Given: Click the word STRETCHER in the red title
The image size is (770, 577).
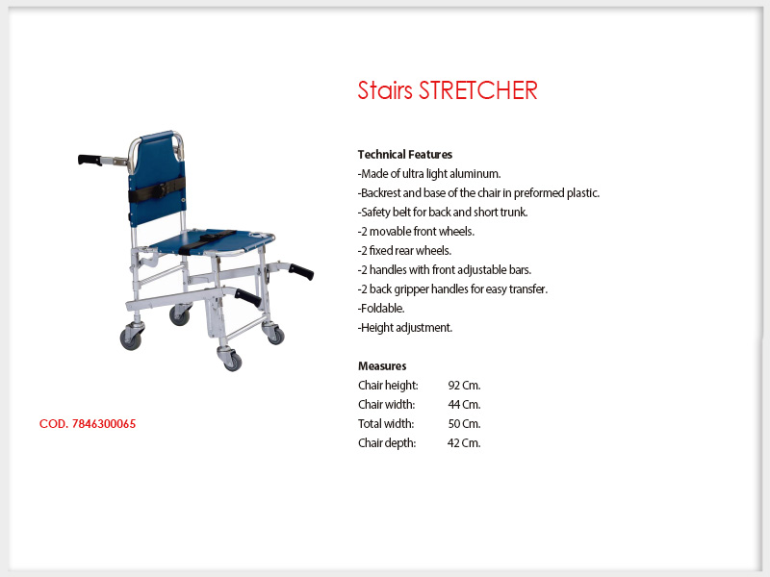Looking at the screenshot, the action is (477, 90).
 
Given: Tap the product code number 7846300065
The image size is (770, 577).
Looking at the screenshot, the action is (104, 424).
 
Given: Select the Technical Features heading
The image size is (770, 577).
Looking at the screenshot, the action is (405, 155).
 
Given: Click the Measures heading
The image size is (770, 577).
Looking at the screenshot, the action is (382, 366).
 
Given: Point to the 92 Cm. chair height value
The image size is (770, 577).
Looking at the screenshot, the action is (464, 386).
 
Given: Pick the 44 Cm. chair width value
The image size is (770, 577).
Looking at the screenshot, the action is (464, 404).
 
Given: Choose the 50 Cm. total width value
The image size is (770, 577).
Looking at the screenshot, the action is (464, 423).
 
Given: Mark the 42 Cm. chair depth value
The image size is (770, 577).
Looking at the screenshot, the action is (464, 442).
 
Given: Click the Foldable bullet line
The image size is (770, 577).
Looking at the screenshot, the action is (381, 308).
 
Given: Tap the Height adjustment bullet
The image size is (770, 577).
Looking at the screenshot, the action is (405, 327).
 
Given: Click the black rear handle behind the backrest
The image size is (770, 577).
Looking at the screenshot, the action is (90, 160).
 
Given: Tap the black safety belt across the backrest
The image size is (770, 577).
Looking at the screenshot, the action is (157, 189).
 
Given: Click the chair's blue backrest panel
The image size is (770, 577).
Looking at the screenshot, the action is (157, 177).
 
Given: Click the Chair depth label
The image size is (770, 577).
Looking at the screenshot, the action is (387, 442).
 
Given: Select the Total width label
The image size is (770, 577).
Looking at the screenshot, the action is (386, 423).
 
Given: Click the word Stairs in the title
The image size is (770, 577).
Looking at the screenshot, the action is (385, 90).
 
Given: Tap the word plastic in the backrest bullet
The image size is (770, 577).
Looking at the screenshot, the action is (583, 193).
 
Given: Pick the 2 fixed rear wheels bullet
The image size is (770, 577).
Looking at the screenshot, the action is (404, 250).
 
